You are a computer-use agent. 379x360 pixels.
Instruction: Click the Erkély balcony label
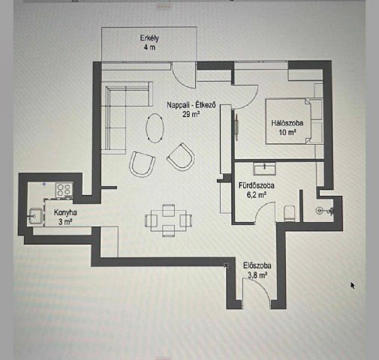click(149, 38)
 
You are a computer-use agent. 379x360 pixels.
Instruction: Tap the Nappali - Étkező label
click(191, 105)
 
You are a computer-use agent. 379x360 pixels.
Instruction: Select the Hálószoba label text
click(287, 123)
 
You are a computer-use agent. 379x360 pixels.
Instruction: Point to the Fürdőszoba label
click(257, 185)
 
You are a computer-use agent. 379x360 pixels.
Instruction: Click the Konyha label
click(65, 212)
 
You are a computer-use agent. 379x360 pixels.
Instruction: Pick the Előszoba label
click(257, 265)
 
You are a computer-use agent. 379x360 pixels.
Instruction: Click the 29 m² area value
click(191, 114)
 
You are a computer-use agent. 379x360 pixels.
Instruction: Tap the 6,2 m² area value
click(257, 195)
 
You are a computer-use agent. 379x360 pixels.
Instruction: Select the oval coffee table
click(155, 128)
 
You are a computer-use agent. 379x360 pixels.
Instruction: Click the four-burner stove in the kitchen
click(65, 190)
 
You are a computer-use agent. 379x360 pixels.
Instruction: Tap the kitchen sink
click(35, 216)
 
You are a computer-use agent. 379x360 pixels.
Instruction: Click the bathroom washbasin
click(264, 169)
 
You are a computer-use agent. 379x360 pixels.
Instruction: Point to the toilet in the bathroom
click(290, 214)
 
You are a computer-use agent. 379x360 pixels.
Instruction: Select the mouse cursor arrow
click(353, 285)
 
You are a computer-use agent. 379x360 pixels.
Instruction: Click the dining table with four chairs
click(169, 220)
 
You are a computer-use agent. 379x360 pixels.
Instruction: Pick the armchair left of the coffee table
click(142, 164)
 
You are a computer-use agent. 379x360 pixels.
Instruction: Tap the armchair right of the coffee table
click(181, 157)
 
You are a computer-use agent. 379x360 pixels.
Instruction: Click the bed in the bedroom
click(288, 121)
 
